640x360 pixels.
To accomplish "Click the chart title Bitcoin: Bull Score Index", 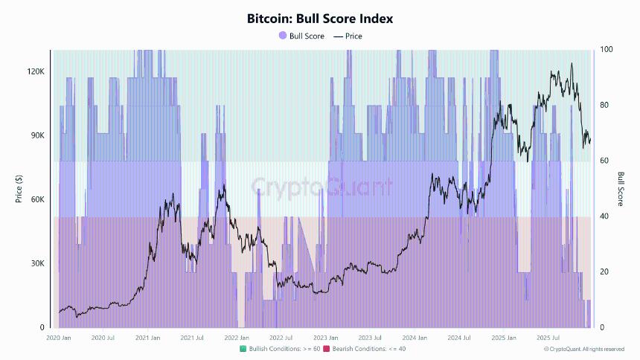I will coord(320,19).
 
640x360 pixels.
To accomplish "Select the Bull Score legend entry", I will coord(302,36).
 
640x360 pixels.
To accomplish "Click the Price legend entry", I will coord(348,36).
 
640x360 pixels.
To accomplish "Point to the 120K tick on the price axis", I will coord(36,71).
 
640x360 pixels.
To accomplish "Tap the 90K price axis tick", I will coord(37,135).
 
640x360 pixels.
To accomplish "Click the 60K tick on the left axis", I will coord(37,199).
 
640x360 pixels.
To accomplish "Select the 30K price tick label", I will coord(37,263).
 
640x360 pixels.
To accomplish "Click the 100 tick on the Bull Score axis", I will coord(607,49).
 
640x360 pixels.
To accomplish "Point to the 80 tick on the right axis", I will coord(605,105).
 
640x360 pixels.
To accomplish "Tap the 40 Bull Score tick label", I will coord(605,216).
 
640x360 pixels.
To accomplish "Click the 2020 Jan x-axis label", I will coord(58,338).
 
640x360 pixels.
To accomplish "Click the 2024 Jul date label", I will coord(459,338).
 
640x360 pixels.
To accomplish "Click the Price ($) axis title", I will coord(18,189).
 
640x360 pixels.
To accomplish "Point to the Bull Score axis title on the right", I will coord(621,189).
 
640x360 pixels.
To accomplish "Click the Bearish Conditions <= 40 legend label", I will coord(364,349).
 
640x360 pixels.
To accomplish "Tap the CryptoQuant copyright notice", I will coord(583,349).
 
